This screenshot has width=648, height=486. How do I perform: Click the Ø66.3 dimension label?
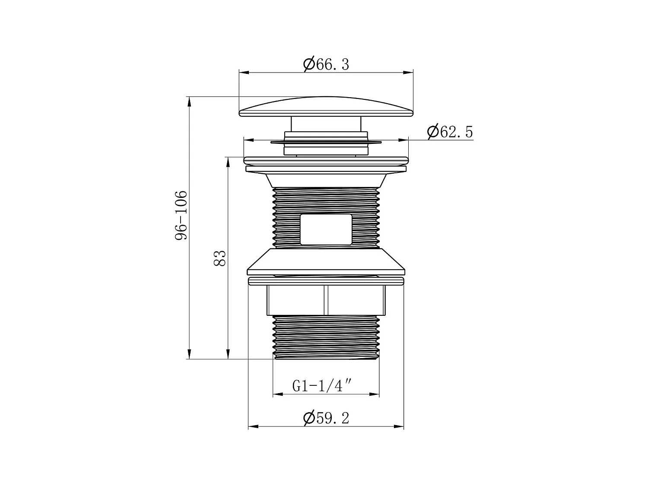pos(326,64)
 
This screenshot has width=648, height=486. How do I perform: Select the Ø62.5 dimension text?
pos(450,131)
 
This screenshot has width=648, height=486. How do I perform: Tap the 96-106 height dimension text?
pos(181,216)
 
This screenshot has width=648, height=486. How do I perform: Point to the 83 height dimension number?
pos(219,258)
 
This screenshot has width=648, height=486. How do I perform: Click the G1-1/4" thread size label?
pos(322,386)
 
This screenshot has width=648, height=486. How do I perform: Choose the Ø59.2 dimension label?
pos(326,418)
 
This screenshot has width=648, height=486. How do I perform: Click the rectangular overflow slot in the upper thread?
pos(326,229)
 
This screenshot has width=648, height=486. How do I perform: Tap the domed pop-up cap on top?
pos(326,106)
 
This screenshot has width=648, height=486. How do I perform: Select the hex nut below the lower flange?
pos(326,300)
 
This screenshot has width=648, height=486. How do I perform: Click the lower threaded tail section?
pos(326,337)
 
